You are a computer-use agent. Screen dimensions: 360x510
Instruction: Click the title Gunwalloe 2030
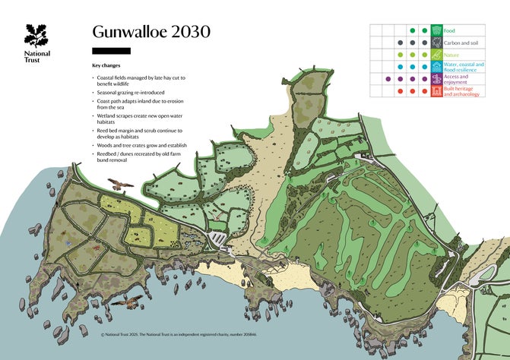(150, 32)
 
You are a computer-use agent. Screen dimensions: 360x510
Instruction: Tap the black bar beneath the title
(111, 51)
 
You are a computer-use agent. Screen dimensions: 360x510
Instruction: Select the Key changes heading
(106, 66)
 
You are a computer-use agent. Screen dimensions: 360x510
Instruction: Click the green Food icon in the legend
(437, 30)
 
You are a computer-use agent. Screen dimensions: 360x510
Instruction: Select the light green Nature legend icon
(437, 55)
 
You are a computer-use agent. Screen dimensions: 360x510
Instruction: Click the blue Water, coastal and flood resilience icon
(437, 67)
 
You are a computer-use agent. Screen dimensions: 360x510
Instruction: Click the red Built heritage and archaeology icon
(437, 91)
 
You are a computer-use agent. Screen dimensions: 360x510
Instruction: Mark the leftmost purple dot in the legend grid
(388, 79)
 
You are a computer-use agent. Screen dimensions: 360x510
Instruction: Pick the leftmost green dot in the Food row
(413, 30)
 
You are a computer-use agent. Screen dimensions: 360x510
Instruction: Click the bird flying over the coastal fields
(120, 184)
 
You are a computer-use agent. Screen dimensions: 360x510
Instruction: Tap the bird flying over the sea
(125, 301)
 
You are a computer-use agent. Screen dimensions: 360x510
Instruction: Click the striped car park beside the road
(219, 239)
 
